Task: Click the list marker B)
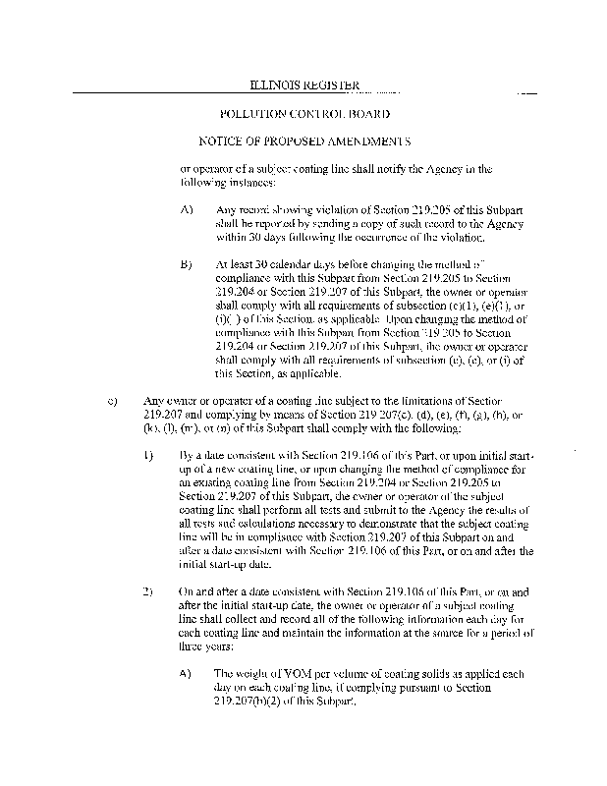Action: click(x=187, y=266)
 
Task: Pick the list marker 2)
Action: click(x=148, y=593)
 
